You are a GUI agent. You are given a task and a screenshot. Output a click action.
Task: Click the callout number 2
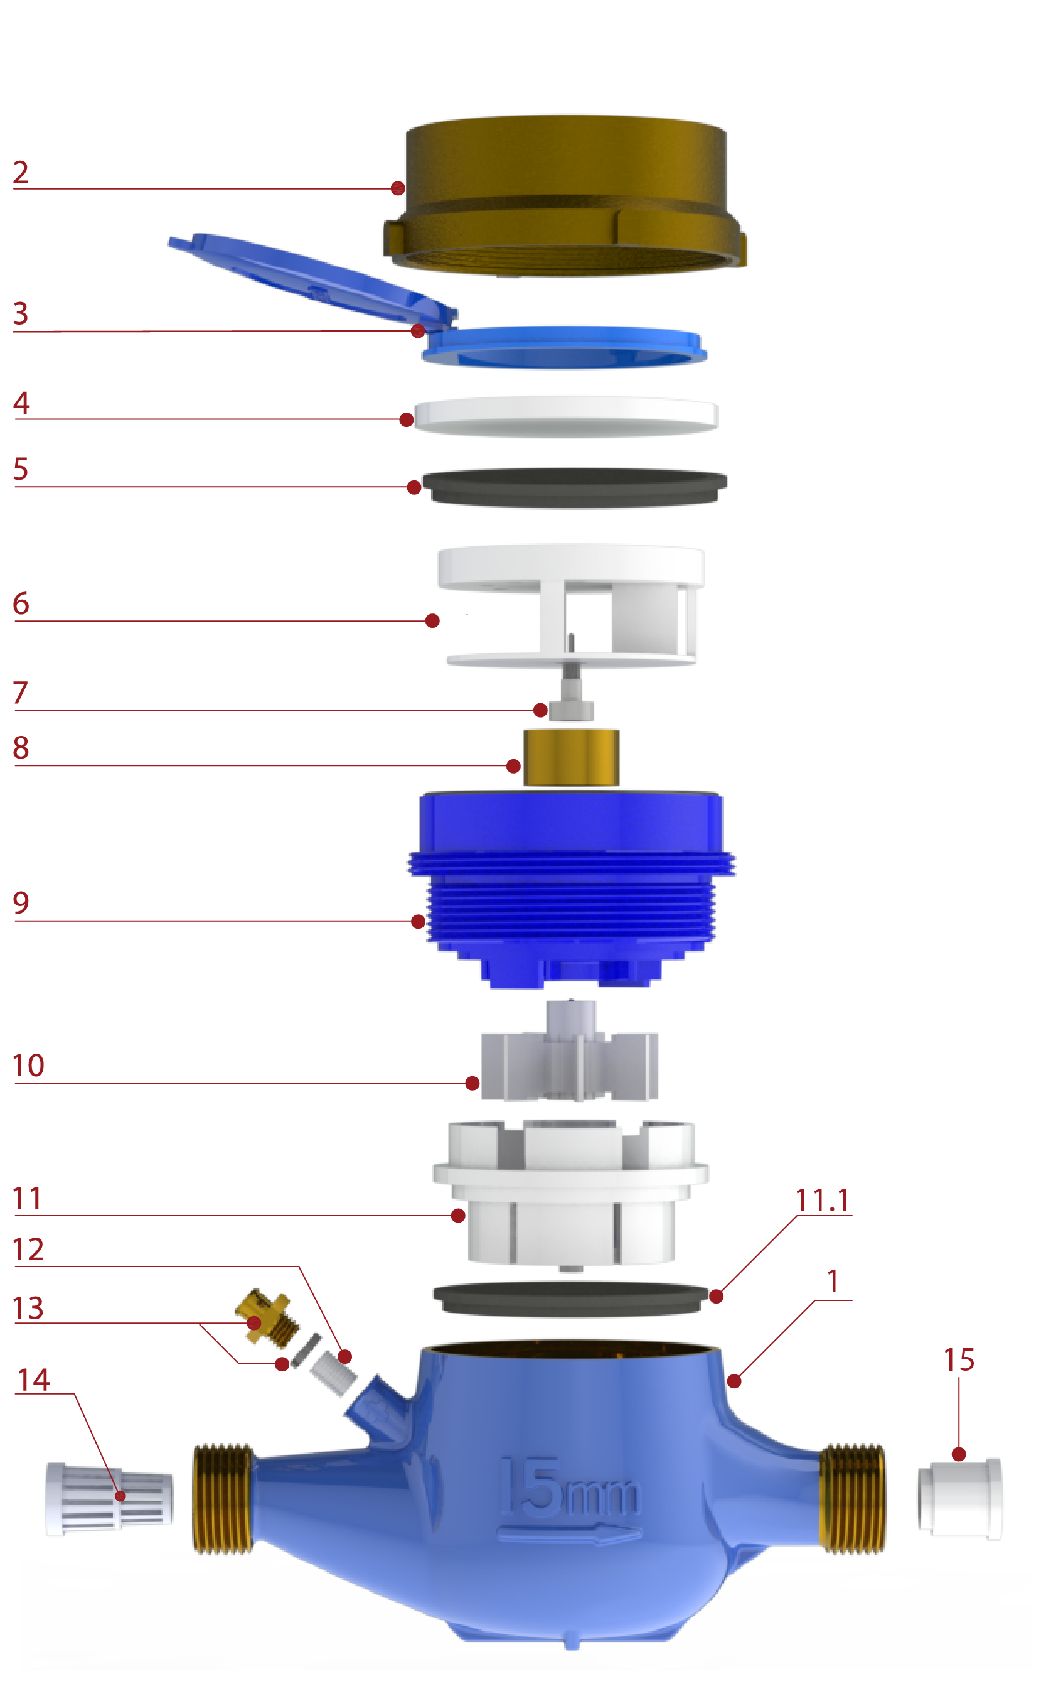(21, 173)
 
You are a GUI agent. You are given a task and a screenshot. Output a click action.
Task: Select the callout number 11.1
(822, 1201)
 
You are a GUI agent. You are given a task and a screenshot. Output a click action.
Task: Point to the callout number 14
(33, 1381)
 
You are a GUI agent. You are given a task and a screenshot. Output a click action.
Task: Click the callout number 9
(21, 903)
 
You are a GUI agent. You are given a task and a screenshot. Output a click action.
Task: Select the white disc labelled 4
(565, 416)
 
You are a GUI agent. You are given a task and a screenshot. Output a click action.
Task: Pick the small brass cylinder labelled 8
(571, 757)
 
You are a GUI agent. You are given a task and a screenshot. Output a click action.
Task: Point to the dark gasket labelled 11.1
(571, 1297)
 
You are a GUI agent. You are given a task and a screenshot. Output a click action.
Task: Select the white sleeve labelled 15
(960, 1499)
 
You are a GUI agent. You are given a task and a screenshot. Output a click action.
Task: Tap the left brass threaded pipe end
(221, 1499)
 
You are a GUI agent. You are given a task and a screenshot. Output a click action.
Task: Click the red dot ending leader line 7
(540, 710)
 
